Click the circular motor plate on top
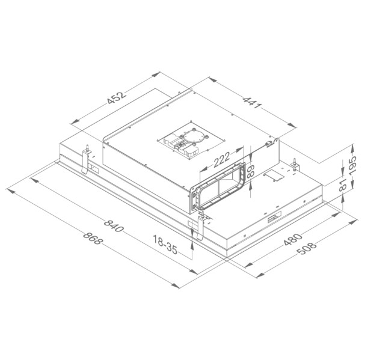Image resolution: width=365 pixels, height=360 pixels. (193, 137)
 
